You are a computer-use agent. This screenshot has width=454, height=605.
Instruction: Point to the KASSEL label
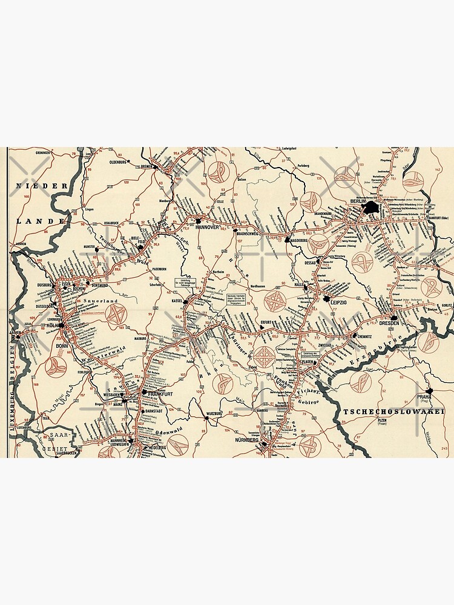click(177, 301)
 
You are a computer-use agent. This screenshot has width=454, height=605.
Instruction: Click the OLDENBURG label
click(121, 162)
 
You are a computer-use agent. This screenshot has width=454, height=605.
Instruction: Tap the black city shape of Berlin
click(369, 209)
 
